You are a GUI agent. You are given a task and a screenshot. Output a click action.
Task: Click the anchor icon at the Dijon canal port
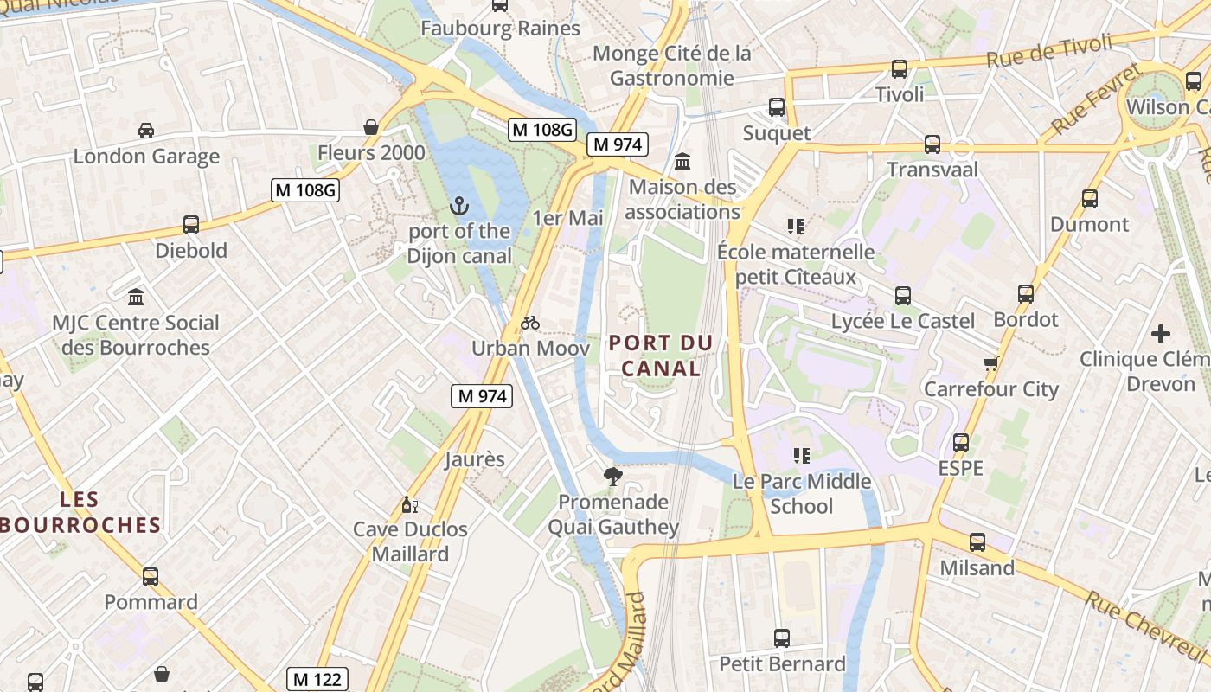459,206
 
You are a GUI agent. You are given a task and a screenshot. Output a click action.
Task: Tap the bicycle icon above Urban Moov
530,324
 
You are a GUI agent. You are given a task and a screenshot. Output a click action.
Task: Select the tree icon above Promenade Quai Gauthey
612,476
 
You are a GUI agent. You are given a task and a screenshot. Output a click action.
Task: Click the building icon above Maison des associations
682,162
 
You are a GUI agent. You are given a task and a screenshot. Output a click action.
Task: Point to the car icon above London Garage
146,131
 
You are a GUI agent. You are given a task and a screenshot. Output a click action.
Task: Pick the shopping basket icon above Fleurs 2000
371,127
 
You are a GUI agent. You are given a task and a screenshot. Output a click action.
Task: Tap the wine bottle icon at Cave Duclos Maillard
410,505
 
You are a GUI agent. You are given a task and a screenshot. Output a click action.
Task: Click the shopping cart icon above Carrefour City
991,364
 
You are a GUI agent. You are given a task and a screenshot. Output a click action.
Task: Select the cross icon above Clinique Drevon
1161,333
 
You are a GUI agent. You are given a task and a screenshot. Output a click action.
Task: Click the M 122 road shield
317,679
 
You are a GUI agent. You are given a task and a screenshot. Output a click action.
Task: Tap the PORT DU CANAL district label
661,356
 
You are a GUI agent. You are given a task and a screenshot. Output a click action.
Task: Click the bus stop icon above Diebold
191,225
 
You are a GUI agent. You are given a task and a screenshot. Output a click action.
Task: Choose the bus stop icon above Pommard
151,576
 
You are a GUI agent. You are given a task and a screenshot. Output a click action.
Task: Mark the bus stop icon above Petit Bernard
782,638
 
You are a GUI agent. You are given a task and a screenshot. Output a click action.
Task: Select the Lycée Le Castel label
902,321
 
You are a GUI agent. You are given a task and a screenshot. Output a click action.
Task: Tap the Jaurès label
474,458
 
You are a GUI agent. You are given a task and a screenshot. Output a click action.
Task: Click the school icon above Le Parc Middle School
801,455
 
